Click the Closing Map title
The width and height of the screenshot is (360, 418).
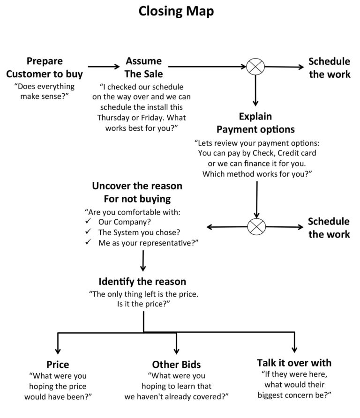[176, 11]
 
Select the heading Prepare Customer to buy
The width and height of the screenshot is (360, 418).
[45, 67]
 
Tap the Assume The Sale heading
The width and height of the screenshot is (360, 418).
[143, 67]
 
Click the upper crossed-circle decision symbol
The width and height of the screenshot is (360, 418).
[255, 67]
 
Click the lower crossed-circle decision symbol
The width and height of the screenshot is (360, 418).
[256, 227]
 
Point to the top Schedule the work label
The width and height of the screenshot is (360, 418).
[329, 67]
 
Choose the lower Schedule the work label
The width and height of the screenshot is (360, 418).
[329, 227]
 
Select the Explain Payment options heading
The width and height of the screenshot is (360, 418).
[255, 122]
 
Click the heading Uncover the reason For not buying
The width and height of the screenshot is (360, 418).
[137, 192]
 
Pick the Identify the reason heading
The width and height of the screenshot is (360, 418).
[142, 282]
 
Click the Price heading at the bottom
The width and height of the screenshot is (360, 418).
[58, 365]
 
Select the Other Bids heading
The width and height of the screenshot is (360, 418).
[176, 365]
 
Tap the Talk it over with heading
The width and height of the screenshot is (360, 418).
[294, 363]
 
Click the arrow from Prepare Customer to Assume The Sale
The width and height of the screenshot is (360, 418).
[104, 67]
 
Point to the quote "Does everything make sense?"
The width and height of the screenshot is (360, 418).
[45, 92]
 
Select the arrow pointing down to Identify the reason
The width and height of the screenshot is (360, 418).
[142, 261]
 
